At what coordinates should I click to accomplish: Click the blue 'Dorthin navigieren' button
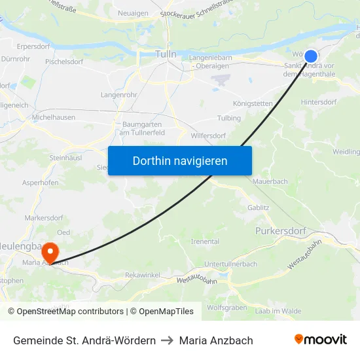pyautogui.click(x=180, y=160)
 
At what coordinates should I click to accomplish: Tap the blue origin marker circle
pyautogui.click(x=311, y=56)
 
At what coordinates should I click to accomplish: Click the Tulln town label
pyautogui.click(x=166, y=54)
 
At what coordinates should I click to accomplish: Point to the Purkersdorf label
pyautogui.click(x=279, y=231)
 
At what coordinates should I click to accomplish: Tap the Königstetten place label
pyautogui.click(x=253, y=103)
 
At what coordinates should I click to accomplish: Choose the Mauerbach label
pyautogui.click(x=270, y=181)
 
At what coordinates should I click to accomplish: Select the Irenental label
pyautogui.click(x=205, y=242)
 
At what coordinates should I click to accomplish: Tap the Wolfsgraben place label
pyautogui.click(x=226, y=307)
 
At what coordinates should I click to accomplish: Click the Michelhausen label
pyautogui.click(x=54, y=117)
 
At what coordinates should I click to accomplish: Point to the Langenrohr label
pyautogui.click(x=118, y=95)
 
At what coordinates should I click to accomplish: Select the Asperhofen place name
pyautogui.click(x=41, y=183)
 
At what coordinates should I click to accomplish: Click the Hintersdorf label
pyautogui.click(x=319, y=102)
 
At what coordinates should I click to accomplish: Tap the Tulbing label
pyautogui.click(x=229, y=118)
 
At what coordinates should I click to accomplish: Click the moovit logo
pyautogui.click(x=320, y=340)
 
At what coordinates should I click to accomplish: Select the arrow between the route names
pyautogui.click(x=167, y=340)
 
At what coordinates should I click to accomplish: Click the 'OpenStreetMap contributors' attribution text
pyautogui.click(x=70, y=312)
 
